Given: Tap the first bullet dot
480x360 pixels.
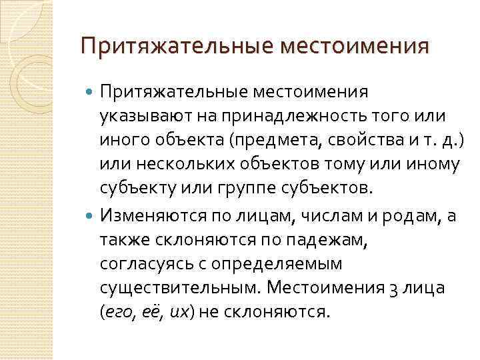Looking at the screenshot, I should [91, 90].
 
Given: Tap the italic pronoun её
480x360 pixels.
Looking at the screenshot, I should [149, 313].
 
